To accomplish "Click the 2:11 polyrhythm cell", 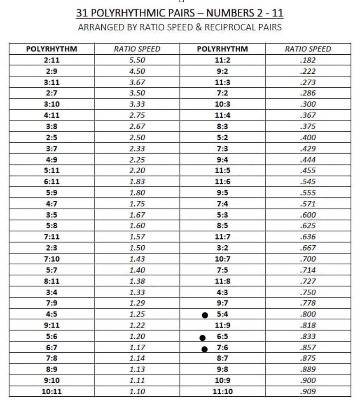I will click(x=51, y=60).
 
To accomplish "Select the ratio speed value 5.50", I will click(x=137, y=60).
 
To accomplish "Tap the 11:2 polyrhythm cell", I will click(x=222, y=60).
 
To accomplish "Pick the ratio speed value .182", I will click(x=308, y=60).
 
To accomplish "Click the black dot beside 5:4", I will click(x=205, y=315).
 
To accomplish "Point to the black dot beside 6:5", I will click(x=202, y=338).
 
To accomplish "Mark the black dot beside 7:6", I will click(x=205, y=349).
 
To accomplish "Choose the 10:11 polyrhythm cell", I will click(x=51, y=391).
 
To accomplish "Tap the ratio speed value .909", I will click(x=308, y=391).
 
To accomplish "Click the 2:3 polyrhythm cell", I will click(x=51, y=248).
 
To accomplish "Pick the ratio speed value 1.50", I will click(x=137, y=248).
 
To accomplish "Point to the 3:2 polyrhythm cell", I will click(x=222, y=248).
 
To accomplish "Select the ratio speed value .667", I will click(x=308, y=248).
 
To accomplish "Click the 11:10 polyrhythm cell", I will click(x=222, y=391).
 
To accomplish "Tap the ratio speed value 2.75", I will click(x=137, y=115).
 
